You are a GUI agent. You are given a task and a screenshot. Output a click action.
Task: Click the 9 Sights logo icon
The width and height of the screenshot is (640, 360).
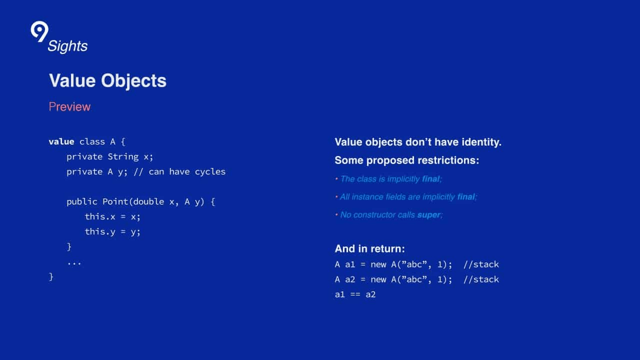(x=39, y=31)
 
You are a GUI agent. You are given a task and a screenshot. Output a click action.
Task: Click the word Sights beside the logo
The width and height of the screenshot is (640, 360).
(x=67, y=46)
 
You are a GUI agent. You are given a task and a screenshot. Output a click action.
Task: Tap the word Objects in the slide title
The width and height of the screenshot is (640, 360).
(x=133, y=81)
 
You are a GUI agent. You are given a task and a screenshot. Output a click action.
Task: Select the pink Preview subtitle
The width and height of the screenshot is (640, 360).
(x=69, y=106)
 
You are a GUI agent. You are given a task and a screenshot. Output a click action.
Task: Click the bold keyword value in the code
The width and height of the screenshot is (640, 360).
(x=61, y=141)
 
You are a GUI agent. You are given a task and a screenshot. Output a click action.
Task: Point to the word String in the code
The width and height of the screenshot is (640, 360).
(x=123, y=156)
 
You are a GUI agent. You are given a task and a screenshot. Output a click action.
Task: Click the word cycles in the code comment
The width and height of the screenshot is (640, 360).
(x=210, y=171)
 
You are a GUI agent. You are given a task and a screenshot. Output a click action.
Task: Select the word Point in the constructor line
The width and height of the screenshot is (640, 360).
(x=115, y=201)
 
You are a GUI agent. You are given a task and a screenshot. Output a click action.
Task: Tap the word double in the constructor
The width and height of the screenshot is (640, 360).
(x=148, y=201)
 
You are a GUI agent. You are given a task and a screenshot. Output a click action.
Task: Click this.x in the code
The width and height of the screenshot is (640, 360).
(x=99, y=216)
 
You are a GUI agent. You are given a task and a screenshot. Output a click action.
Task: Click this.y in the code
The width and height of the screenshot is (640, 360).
(x=99, y=231)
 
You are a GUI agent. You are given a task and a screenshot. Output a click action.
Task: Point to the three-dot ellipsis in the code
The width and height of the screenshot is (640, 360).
(x=74, y=263)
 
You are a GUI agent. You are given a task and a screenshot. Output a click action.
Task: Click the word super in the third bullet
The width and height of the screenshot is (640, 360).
(x=428, y=215)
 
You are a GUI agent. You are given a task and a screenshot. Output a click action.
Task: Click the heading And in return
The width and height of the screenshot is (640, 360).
(x=369, y=249)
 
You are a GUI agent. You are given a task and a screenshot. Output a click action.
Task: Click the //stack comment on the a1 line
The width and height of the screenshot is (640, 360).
(x=481, y=264)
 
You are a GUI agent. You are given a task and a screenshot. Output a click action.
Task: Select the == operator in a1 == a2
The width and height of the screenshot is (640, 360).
(x=355, y=294)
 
